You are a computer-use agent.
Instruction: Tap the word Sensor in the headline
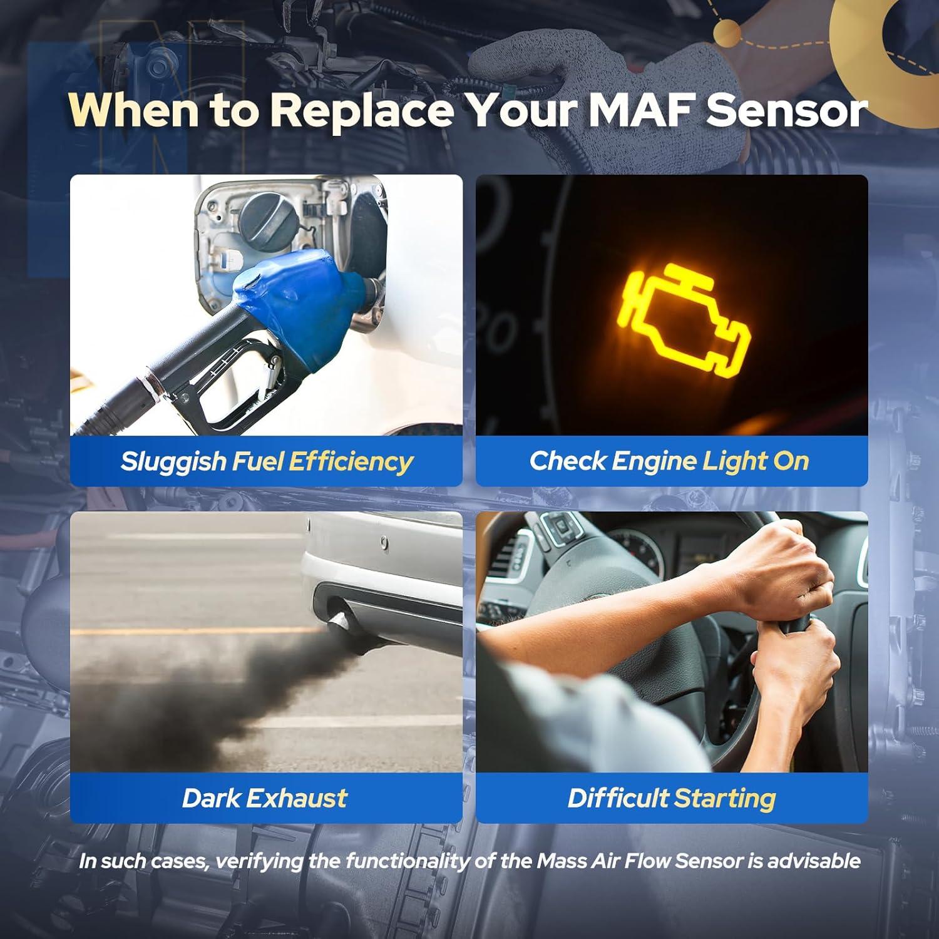787,110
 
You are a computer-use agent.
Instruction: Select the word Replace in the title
362,110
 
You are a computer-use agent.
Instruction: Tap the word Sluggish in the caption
173,461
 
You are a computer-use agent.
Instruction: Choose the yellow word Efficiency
351,461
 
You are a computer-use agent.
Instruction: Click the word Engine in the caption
654,461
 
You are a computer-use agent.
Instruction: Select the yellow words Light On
756,461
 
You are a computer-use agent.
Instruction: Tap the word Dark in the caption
210,798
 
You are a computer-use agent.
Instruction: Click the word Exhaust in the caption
296,798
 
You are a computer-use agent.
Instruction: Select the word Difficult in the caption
617,798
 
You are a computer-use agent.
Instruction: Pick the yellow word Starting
725,798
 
